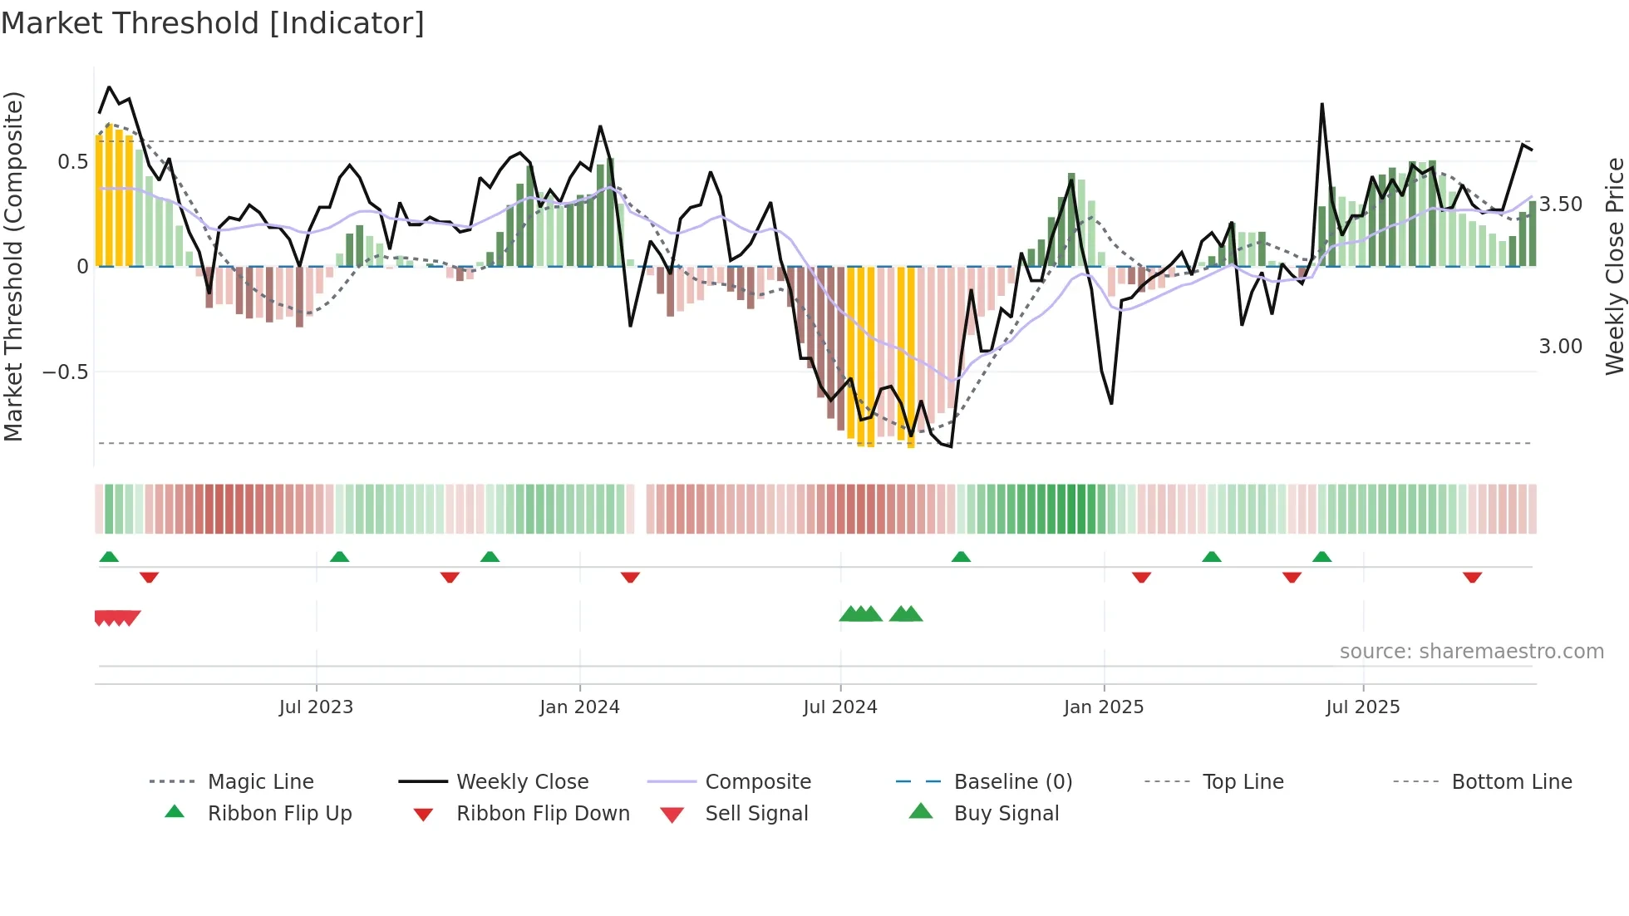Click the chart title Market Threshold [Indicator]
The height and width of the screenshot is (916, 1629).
[x=213, y=23]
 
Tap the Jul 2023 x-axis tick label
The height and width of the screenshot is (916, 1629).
[x=316, y=707]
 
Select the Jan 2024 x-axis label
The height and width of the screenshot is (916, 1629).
[x=579, y=707]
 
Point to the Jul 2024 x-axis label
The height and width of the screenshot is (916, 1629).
[x=840, y=707]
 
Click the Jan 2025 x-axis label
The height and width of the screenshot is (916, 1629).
[x=1104, y=707]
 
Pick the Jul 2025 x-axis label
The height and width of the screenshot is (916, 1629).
[x=1363, y=707]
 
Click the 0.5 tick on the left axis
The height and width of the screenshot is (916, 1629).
[x=73, y=162]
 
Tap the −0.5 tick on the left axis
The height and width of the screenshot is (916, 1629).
[x=66, y=372]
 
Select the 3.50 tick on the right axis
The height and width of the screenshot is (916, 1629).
[x=1560, y=204]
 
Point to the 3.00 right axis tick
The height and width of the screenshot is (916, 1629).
[x=1560, y=347]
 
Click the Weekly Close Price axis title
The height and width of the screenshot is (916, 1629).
[x=1614, y=266]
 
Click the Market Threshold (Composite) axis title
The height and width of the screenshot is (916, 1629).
[x=13, y=266]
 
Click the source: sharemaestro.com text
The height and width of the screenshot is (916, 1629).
[x=1471, y=652]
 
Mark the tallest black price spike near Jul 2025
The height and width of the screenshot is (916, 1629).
[x=1321, y=106]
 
